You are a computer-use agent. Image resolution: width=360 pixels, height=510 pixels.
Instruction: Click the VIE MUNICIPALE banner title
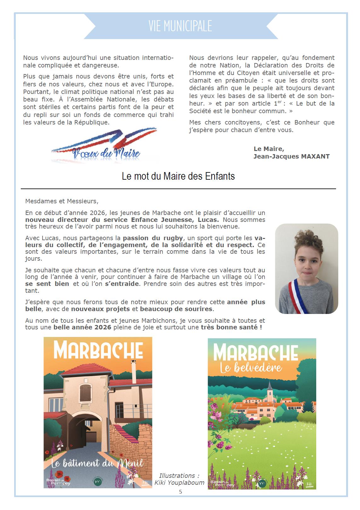[180, 26]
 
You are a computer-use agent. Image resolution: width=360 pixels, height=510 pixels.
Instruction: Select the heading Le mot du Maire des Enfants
[178, 176]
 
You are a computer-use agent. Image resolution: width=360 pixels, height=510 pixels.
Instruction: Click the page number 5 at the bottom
[180, 492]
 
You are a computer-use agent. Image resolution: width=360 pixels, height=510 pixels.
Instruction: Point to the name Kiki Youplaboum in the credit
[179, 483]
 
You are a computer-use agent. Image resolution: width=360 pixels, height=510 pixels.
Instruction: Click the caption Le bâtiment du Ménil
[97, 463]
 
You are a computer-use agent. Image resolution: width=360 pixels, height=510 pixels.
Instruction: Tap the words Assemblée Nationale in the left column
[105, 100]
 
